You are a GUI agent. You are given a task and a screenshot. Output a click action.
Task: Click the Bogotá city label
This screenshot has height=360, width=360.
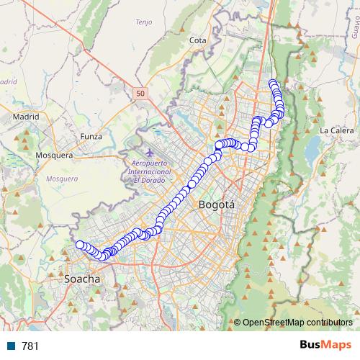216,205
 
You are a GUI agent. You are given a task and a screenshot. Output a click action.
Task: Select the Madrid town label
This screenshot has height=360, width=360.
25,115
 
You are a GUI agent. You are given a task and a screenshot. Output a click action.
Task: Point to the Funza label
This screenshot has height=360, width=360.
91,135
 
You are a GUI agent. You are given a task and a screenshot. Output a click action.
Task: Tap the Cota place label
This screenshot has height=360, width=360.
197,41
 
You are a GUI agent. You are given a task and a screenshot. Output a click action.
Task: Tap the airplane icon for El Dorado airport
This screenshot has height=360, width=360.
149,153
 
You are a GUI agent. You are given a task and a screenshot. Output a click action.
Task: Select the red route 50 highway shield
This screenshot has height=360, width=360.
140,93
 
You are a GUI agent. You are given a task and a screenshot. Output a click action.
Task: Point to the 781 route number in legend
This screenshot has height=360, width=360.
30,346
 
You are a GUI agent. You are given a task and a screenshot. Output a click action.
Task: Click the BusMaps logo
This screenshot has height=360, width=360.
325,346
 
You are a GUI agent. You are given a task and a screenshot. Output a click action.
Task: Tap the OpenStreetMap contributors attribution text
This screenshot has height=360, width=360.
297,322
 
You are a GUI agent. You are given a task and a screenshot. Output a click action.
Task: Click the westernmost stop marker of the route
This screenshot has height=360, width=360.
80,245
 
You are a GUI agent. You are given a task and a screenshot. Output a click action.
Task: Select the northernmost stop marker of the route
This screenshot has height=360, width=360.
273,84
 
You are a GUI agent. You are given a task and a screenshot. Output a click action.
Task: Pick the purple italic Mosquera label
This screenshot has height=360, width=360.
60,178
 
